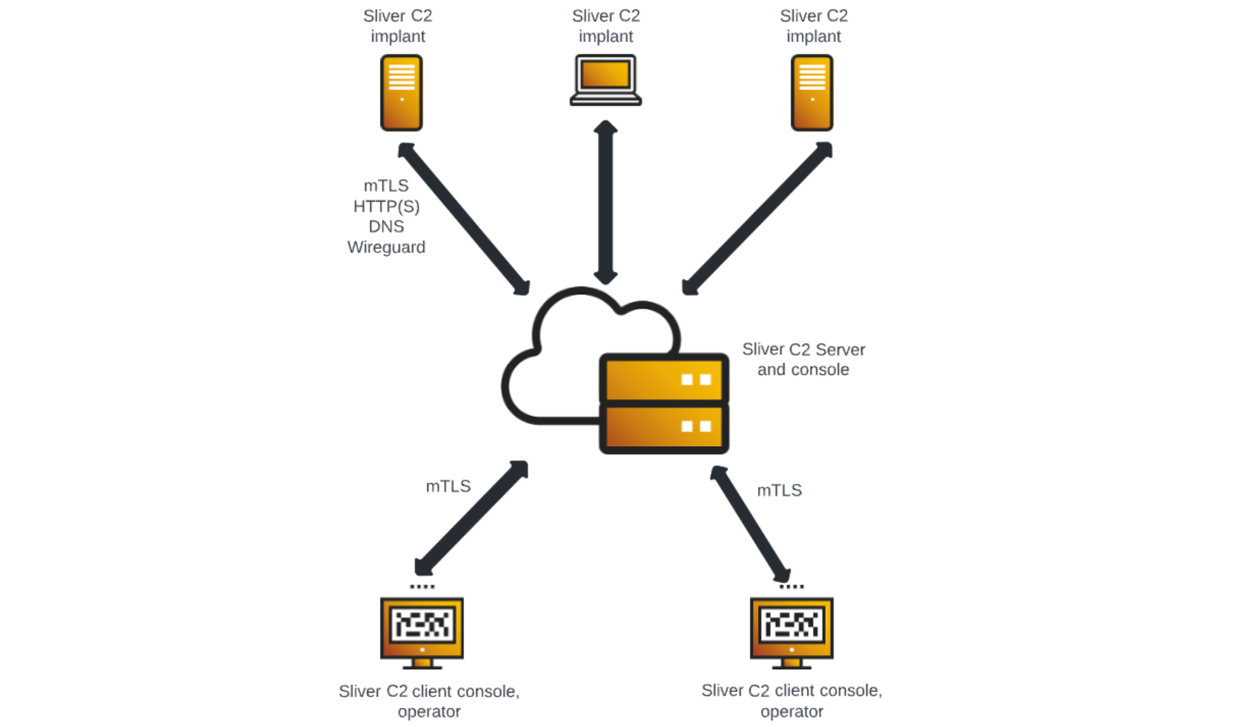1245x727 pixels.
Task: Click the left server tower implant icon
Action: (x=401, y=93)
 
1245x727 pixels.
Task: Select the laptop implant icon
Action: (x=605, y=80)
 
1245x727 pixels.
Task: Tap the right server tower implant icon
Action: (x=812, y=93)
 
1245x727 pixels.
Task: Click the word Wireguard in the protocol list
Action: (x=386, y=247)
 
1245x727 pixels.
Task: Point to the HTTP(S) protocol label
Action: (x=386, y=207)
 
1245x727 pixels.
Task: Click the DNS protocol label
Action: (x=386, y=227)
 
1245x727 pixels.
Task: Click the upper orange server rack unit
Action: (x=664, y=378)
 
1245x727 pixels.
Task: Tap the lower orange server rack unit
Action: (x=664, y=428)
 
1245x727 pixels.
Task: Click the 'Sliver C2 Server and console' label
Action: (x=803, y=359)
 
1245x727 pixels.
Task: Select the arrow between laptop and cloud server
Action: (x=605, y=202)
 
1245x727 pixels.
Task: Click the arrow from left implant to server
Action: (x=463, y=219)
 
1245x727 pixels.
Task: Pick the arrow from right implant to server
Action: (x=757, y=218)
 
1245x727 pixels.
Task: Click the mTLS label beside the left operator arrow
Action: (x=449, y=486)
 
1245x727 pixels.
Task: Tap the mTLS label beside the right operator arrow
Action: (x=779, y=490)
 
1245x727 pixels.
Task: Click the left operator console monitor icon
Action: (x=422, y=633)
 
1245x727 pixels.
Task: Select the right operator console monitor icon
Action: (x=791, y=633)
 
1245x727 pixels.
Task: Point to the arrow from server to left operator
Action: (x=471, y=518)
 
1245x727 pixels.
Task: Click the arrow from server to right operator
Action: (x=750, y=524)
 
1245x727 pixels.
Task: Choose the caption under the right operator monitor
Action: (x=791, y=701)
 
